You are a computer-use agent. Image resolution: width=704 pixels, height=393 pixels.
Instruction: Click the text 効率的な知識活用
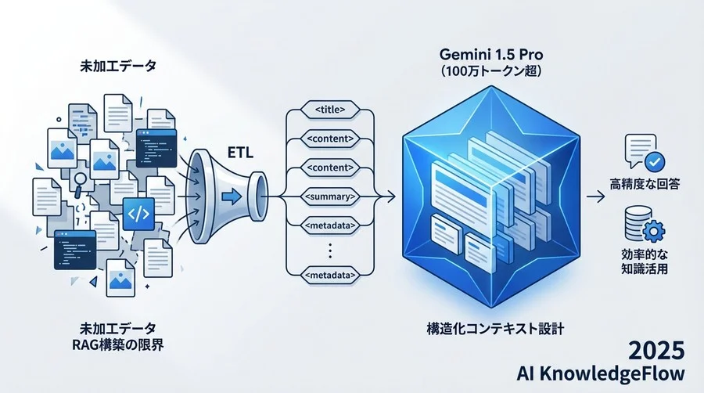coord(646,265)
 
